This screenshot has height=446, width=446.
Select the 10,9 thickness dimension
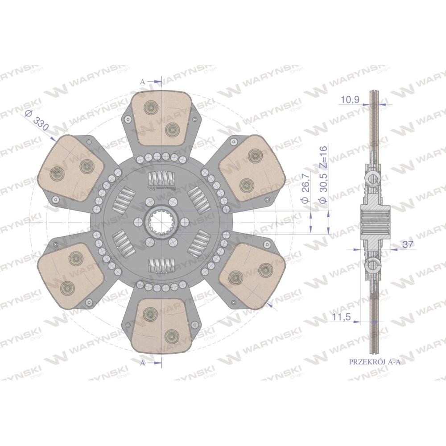click(350, 99)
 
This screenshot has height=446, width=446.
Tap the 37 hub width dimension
click(408, 244)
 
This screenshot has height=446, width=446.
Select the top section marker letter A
click(143, 82)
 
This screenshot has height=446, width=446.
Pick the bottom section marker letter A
click(143, 363)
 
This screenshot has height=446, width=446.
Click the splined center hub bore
click(161, 222)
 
